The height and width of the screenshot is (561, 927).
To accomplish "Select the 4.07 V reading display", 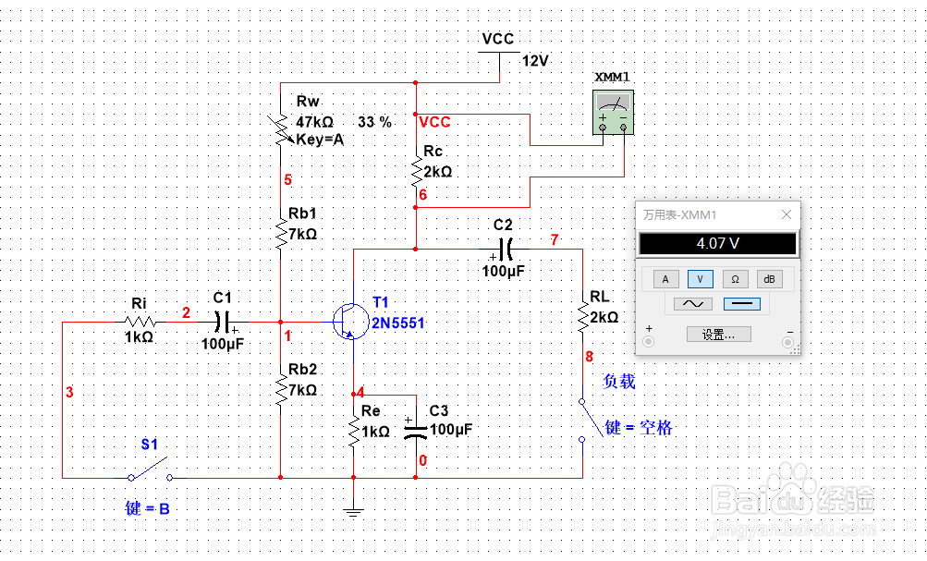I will pos(716,245).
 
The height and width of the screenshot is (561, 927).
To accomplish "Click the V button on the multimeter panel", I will pos(700,278).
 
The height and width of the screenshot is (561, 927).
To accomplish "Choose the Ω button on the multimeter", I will pos(735,278).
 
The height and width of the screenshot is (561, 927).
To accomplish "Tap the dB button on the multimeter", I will pos(768,278).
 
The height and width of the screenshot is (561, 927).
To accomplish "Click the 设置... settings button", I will pos(718,335).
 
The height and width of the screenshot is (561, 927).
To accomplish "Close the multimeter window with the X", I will pos(787,214).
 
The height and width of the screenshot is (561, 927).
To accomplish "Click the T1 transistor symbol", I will pos(348,322).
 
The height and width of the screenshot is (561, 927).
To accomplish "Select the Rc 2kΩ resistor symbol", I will pos(416,171).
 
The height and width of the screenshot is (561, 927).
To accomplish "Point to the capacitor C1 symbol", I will pos(223,322).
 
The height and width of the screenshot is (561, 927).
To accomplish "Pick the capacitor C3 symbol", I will pos(416,430).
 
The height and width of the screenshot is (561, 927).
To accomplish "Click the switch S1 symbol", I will pos(150,469).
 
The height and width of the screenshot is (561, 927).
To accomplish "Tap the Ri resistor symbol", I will pos(140,322).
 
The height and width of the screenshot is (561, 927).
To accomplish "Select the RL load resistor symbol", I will pos(583,317).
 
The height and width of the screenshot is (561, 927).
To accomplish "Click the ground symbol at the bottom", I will pos(352,507).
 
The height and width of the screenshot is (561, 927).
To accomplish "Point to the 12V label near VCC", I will pos(536,61).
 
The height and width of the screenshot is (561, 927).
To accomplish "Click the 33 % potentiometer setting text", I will pos(374,122).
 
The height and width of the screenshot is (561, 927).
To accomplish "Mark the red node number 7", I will pos(555,240).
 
